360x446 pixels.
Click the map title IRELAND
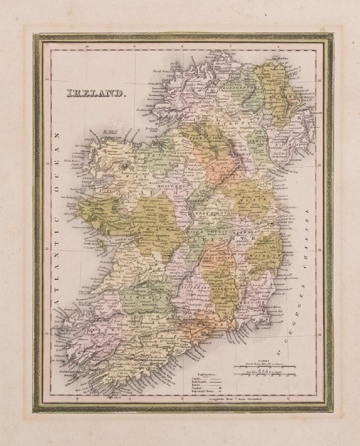(94, 93)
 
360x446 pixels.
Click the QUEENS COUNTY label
(215, 258)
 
